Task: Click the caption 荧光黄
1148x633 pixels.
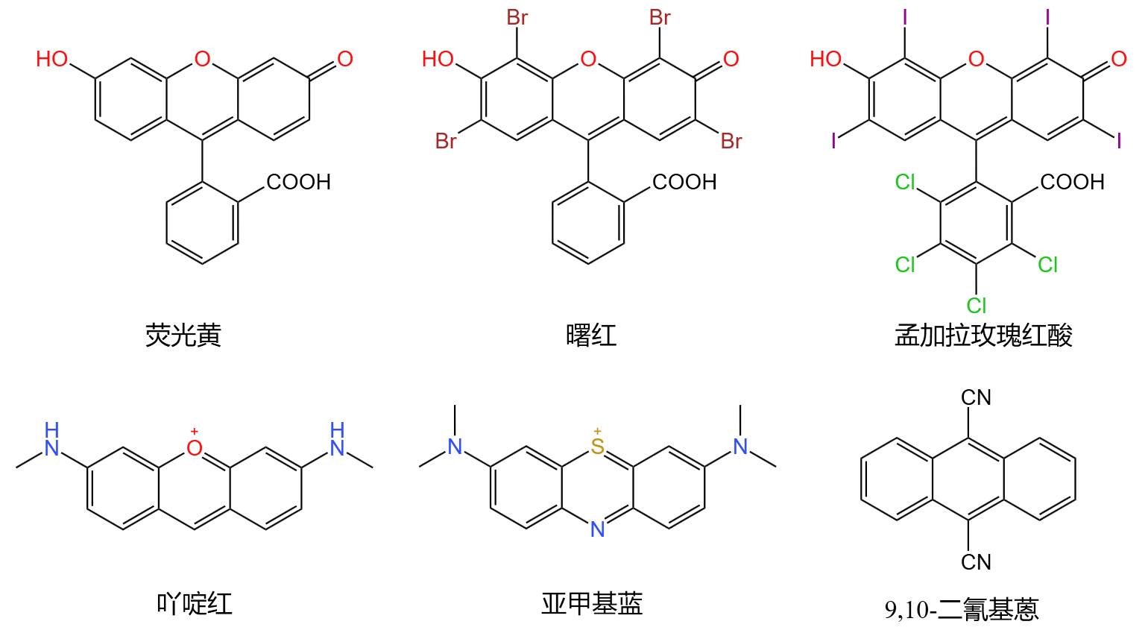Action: click(x=183, y=336)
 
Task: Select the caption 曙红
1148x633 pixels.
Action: click(x=591, y=336)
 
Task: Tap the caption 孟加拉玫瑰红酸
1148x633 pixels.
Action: click(x=983, y=336)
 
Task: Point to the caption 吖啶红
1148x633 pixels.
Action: click(x=195, y=603)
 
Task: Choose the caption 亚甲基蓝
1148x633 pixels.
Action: click(x=592, y=603)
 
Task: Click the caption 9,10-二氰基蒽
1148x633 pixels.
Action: click(x=962, y=609)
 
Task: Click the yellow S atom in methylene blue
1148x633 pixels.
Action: click(x=597, y=447)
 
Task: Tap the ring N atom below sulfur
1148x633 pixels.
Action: click(x=597, y=529)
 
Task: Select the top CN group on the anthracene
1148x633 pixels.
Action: click(x=976, y=398)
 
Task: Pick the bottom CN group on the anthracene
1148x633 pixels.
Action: click(x=976, y=562)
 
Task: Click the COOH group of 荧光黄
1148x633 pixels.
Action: click(x=298, y=182)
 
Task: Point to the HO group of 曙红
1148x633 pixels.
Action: click(x=438, y=60)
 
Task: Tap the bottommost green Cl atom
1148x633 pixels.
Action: click(x=977, y=306)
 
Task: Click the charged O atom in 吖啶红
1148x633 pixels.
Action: click(x=195, y=447)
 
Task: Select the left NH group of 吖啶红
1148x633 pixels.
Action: click(x=51, y=441)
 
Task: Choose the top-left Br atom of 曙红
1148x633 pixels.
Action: click(x=517, y=18)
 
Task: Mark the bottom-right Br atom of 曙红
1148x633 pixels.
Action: click(x=731, y=141)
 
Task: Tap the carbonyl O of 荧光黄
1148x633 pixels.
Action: click(x=344, y=60)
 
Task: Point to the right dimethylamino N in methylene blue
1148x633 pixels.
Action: click(x=740, y=447)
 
